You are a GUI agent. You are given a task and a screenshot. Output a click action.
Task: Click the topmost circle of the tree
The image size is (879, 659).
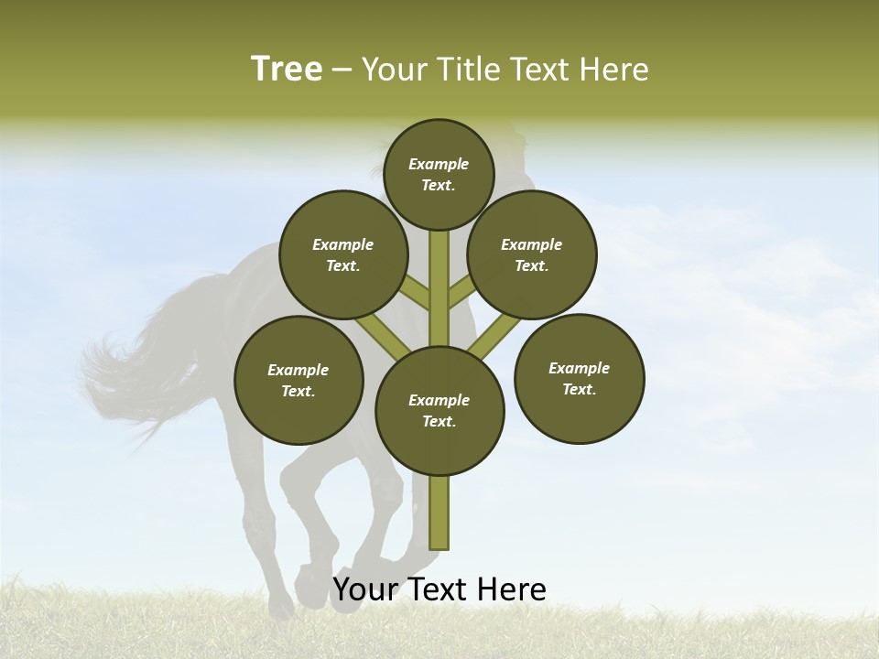[x=439, y=174]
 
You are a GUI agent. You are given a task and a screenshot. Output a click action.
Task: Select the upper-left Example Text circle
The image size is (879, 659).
[x=343, y=254]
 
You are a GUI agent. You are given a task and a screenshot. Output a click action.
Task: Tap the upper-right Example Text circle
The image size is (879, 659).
[x=532, y=254]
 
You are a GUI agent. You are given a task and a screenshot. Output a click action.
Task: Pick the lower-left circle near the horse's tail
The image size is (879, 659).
[x=298, y=380]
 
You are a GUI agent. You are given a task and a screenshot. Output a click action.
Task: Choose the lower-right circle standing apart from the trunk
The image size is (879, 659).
[x=579, y=378]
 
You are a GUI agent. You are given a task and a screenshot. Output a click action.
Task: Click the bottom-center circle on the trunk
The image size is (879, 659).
[x=439, y=411]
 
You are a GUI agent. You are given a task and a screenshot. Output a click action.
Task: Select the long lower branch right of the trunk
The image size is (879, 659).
[x=494, y=337]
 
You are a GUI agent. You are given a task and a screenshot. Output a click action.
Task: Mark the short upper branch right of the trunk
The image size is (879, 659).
[x=461, y=291]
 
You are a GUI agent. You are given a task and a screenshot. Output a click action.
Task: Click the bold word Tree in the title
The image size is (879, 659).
[x=287, y=69]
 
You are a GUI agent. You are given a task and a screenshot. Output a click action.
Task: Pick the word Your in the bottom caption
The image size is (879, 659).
[x=365, y=589]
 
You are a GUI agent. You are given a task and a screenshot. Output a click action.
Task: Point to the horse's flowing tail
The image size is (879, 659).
[x=137, y=366]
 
